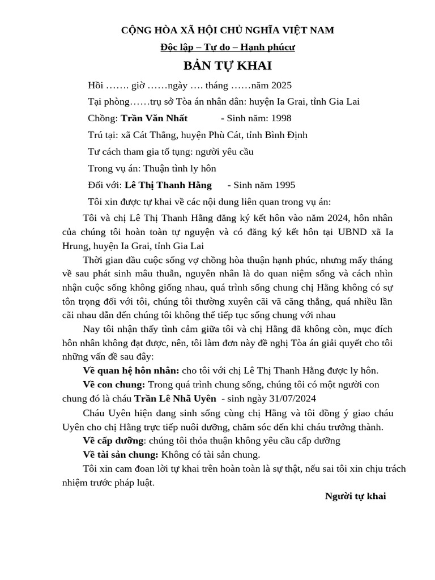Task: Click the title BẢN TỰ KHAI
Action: click(x=227, y=66)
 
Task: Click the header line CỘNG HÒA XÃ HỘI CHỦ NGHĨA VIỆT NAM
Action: click(x=227, y=30)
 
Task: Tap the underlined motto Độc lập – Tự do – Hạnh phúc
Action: click(x=227, y=47)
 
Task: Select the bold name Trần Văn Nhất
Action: click(x=154, y=118)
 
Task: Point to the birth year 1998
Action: click(x=282, y=118)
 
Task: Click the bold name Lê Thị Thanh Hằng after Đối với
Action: click(x=168, y=185)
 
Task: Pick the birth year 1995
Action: click(x=285, y=185)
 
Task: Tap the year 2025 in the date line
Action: click(x=282, y=86)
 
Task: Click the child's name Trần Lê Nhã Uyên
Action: click(x=175, y=398)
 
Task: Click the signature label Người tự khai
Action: click(x=355, y=496)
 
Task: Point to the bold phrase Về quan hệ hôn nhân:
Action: click(x=131, y=370)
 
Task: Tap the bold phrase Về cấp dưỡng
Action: click(x=113, y=441)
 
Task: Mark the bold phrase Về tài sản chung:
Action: click(x=120, y=454)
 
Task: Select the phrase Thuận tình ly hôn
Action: click(x=180, y=168)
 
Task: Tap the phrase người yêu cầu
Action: click(x=224, y=152)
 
